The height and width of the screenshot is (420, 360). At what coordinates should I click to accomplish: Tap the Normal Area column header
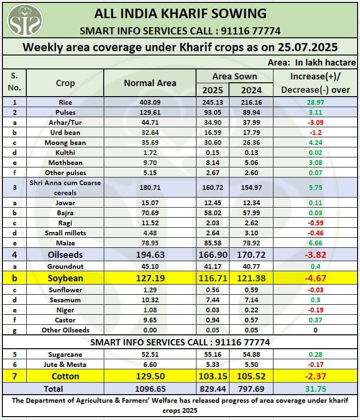coord(150,83)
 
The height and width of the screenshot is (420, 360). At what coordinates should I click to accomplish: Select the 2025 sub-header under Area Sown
coord(212,90)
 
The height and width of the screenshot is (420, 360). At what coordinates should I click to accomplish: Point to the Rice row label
coord(65,102)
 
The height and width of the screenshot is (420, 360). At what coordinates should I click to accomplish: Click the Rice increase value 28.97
coord(315,102)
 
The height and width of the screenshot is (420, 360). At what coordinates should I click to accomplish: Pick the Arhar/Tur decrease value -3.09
coord(315,122)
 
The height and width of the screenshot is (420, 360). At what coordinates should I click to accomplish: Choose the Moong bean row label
coord(65,143)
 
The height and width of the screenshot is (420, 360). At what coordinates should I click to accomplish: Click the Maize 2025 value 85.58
coord(212,243)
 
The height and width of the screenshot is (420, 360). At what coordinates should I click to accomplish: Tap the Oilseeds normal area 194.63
coord(150,255)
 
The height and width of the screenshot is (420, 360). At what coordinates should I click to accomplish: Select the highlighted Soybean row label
coord(65,278)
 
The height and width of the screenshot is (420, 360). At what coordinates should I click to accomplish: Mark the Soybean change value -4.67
coord(315,278)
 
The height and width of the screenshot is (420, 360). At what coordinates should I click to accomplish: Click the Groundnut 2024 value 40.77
coord(251,266)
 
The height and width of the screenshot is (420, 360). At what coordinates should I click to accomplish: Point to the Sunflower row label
coord(65,290)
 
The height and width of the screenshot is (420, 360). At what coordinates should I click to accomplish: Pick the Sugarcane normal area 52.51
coord(150,354)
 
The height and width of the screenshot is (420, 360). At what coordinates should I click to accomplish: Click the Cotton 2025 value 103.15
coord(212,376)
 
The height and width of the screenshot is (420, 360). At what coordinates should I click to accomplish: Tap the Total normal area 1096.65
coord(150,388)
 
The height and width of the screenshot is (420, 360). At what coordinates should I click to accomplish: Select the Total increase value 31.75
coord(315,388)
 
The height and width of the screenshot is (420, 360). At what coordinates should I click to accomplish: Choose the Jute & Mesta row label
coord(65,365)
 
